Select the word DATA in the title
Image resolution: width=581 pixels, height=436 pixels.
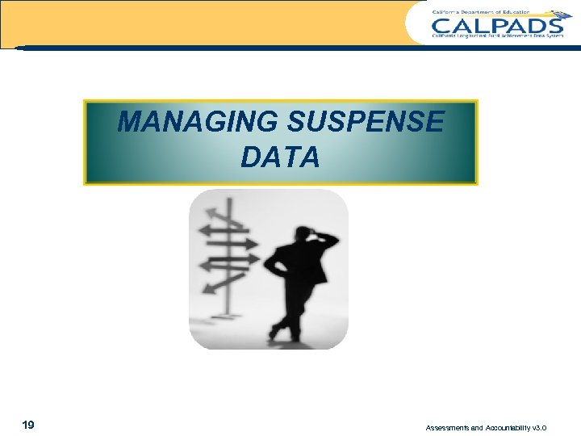click(280, 157)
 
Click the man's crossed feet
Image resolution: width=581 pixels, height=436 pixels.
click(283, 332)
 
